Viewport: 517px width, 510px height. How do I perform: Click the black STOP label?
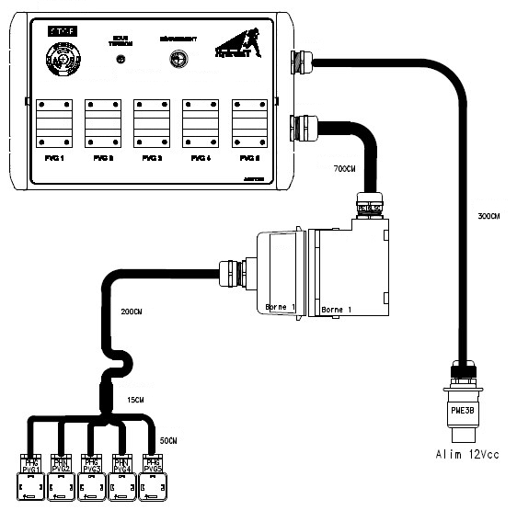[x=63, y=30]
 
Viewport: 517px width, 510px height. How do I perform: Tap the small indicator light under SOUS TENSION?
[x=120, y=60]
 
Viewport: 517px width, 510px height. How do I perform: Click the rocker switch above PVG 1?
[x=53, y=121]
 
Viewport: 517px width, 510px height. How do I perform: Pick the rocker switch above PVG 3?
[x=152, y=121]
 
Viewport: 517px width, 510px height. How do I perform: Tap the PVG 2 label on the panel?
[x=103, y=158]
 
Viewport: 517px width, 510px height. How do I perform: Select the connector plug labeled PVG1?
[x=32, y=474]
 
